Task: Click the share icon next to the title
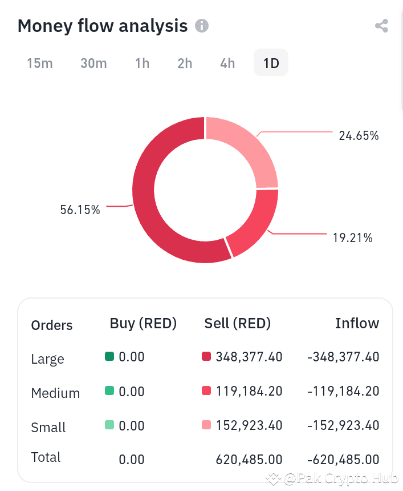(x=381, y=26)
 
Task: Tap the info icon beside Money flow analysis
(x=202, y=26)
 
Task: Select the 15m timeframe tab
(x=40, y=63)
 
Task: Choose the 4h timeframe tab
(x=227, y=63)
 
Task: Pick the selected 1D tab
(x=271, y=63)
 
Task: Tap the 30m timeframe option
(x=93, y=63)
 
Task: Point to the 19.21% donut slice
(x=254, y=223)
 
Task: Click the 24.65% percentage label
(x=359, y=136)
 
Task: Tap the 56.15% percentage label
(x=80, y=210)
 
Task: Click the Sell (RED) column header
(x=237, y=324)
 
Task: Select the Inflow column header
(x=357, y=324)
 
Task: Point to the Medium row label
(x=55, y=393)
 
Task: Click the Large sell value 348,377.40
(x=249, y=357)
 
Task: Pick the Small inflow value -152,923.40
(x=343, y=425)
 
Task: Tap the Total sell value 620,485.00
(x=249, y=459)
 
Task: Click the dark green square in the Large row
(x=110, y=357)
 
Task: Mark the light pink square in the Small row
(x=206, y=425)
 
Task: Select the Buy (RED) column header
(x=143, y=324)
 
